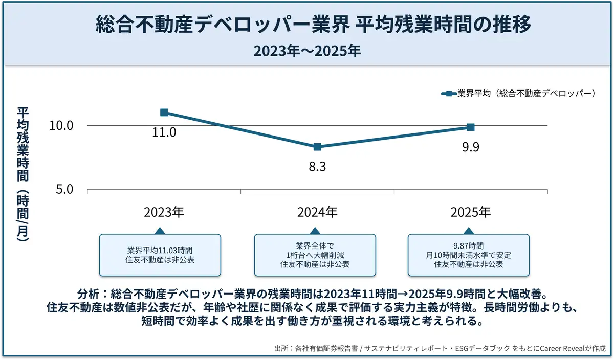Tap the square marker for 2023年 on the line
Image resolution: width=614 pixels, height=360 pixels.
click(x=164, y=112)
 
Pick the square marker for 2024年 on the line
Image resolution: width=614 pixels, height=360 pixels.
click(x=317, y=147)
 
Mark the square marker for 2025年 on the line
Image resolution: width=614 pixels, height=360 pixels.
click(x=471, y=127)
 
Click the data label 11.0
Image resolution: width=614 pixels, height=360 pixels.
click(x=164, y=132)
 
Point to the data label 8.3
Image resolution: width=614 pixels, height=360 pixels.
click(x=317, y=167)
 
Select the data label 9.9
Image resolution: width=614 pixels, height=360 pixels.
click(x=471, y=147)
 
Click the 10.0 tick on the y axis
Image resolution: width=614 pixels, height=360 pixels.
click(x=61, y=126)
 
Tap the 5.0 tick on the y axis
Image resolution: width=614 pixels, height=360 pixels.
click(x=64, y=190)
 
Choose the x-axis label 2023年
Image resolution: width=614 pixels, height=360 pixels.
click(x=164, y=212)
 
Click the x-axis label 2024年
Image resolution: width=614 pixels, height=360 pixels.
click(x=317, y=212)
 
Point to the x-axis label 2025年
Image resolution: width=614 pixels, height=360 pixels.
click(x=471, y=212)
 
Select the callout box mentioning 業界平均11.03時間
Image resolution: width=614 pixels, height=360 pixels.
click(x=160, y=255)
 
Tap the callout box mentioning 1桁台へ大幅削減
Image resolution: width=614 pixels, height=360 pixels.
click(x=315, y=255)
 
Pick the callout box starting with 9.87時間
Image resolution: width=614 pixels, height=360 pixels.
click(x=468, y=255)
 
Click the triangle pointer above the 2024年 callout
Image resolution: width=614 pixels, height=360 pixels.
click(x=315, y=231)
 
